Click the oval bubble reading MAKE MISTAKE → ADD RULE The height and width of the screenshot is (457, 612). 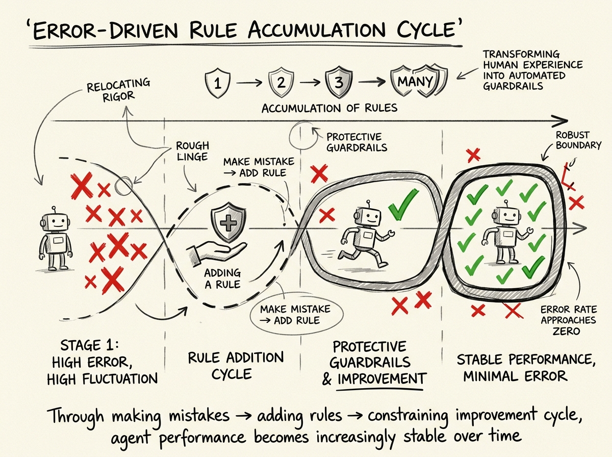295,314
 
